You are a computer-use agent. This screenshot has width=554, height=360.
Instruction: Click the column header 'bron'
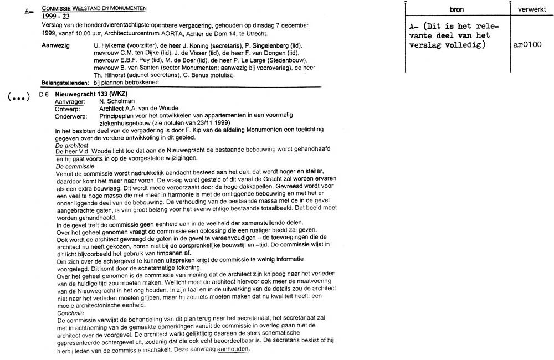pyautogui.click(x=458, y=10)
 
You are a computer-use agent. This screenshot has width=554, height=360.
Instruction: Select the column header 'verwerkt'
pyautogui.click(x=531, y=10)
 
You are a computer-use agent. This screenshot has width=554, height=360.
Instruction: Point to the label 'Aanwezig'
pyautogui.click(x=55, y=44)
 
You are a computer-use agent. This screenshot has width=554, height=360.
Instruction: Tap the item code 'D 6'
pyautogui.click(x=44, y=95)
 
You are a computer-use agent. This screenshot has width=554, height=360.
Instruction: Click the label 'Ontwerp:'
pyautogui.click(x=68, y=109)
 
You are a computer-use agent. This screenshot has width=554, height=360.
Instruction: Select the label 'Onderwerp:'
pyautogui.click(x=70, y=116)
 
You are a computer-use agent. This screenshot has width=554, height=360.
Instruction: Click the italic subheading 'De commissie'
pyautogui.click(x=75, y=166)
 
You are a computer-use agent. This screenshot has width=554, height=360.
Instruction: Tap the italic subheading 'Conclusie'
pyautogui.click(x=70, y=313)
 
